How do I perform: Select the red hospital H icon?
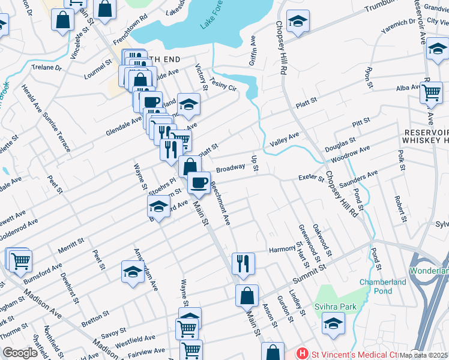coord(303,354)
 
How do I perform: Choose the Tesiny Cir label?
coord(224,85)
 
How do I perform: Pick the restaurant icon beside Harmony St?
coord(243,262)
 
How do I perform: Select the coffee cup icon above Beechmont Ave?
coord(199,181)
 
